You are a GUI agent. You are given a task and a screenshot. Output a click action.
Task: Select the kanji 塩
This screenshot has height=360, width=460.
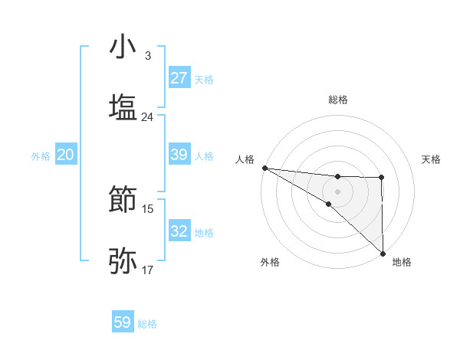(123, 106)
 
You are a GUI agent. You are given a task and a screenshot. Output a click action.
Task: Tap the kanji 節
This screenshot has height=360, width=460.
(123, 201)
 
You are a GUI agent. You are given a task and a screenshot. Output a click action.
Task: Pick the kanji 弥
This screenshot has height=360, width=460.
(123, 260)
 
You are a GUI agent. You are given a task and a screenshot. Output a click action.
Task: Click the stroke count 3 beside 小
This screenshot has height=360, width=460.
(147, 56)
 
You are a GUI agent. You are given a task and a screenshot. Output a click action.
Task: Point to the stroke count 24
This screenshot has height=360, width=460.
(147, 116)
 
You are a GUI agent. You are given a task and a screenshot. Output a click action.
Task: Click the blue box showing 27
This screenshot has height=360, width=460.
(179, 78)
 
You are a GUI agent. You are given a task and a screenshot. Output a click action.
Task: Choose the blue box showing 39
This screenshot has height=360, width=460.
(179, 155)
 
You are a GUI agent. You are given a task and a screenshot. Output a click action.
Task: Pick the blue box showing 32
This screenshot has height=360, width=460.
(179, 231)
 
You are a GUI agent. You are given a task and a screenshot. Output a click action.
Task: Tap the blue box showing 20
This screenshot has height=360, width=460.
(65, 155)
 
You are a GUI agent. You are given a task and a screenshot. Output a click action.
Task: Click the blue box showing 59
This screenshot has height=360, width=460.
(123, 322)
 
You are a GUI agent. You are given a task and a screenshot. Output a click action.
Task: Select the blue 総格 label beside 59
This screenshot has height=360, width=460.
(147, 324)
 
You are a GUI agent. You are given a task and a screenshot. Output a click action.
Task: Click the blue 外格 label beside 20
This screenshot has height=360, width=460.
(41, 155)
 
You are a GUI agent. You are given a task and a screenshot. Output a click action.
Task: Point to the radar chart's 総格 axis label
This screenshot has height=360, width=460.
(337, 100)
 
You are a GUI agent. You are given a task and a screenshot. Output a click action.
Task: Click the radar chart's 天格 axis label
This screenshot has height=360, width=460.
(431, 159)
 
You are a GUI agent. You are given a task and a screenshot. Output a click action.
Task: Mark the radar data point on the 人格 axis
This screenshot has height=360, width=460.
(264, 168)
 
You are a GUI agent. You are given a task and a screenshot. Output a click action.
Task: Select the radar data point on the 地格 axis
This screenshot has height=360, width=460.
(383, 253)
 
